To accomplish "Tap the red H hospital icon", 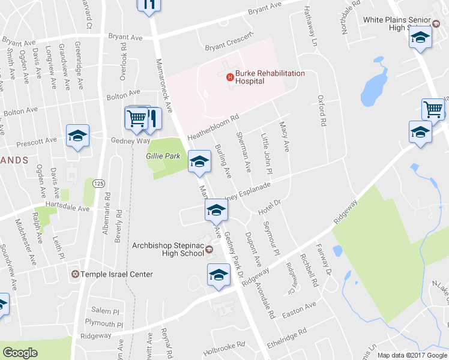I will coord(229,77).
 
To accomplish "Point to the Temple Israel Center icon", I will coord(75,274).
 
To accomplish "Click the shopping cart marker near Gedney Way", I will coord(137,118).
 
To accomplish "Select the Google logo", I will coord(20,353).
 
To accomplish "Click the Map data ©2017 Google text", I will coord(412,355).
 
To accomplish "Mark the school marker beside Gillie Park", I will coord(199,161).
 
